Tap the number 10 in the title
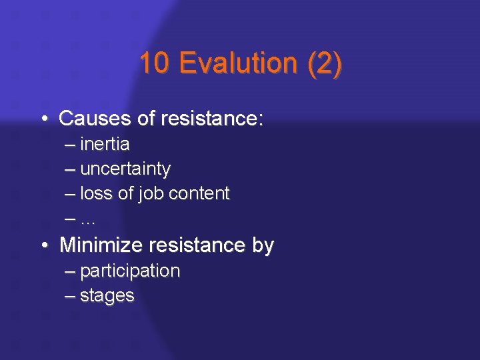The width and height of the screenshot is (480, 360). [155, 63]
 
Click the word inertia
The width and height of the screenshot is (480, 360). [105, 144]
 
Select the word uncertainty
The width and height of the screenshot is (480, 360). [125, 169]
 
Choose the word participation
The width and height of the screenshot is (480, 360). [130, 271]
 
